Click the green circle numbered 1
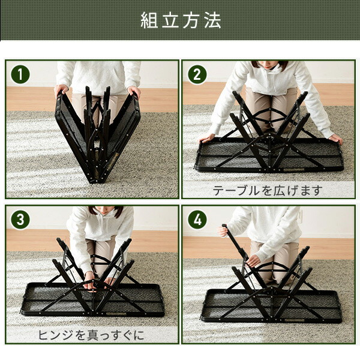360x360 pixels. point(20,74)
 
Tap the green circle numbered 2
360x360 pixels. point(197,74)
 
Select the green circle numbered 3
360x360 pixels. point(20,219)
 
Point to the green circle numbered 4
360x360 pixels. point(197,219)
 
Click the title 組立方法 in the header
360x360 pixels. point(181,20)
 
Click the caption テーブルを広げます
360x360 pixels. point(268,190)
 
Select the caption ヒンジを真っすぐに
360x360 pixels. point(91,335)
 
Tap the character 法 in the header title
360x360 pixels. point(212,20)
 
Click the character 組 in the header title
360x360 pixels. point(149,20)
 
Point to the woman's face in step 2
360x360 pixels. point(270,64)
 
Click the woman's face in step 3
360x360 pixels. point(104,210)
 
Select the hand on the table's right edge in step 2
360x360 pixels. point(335,139)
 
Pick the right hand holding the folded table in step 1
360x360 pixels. point(134,91)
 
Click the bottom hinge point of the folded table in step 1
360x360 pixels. point(96,181)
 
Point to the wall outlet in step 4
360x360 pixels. point(300,215)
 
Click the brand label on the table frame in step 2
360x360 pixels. point(294,170)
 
